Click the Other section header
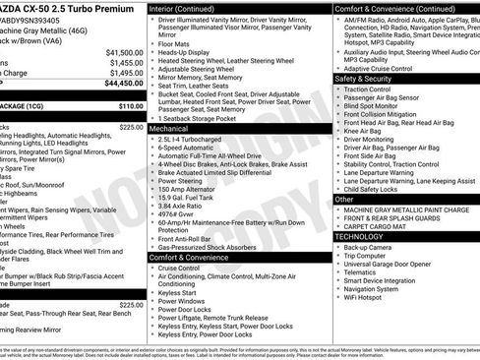coord(344,199)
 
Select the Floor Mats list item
coord(174,44)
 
